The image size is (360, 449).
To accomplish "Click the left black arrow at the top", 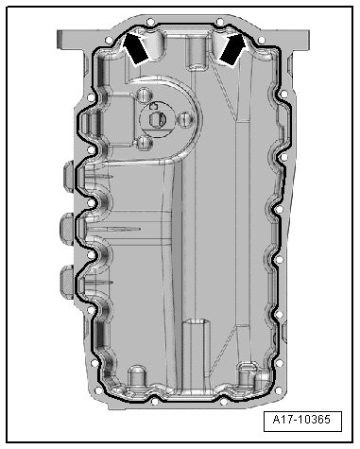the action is point(135,49).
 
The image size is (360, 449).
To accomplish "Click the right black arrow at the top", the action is point(233,49).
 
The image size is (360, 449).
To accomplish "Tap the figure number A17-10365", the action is point(302,420).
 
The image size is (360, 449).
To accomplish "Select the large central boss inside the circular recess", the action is point(157,120).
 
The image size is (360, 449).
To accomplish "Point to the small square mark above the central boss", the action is point(152,106).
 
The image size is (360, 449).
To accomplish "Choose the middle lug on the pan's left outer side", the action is point(66,229).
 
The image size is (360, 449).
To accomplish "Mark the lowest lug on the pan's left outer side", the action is point(67,282).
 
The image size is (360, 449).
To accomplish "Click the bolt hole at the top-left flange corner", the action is point(109,41).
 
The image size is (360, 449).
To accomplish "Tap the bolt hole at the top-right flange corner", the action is point(261,41).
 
